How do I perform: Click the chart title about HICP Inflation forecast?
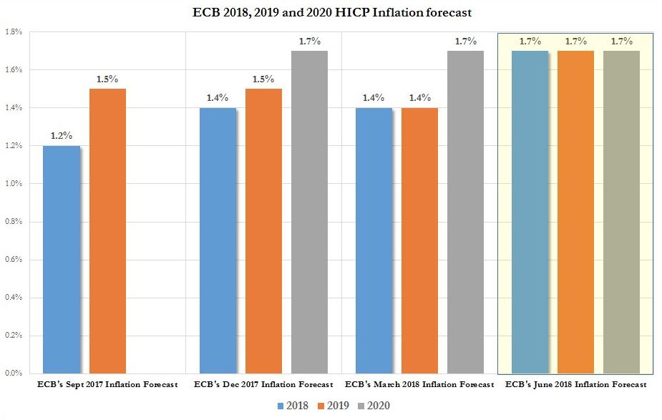[332, 12]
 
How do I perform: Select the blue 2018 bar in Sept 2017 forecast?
[62, 259]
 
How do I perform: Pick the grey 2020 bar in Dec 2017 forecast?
[308, 212]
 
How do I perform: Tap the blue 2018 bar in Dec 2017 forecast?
[218, 240]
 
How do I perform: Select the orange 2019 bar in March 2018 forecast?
[419, 240]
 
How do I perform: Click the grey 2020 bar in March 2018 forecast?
[465, 212]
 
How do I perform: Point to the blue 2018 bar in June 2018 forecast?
[530, 212]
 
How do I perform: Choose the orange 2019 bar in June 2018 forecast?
[575, 212]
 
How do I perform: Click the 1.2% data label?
[62, 135]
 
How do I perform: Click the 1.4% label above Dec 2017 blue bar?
[218, 97]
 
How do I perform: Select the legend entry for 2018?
[293, 406]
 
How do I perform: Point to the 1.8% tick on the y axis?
[14, 32]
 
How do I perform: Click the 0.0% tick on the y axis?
[14, 373]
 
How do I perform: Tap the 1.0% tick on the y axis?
[14, 183]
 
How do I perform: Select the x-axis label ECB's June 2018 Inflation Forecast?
[575, 385]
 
